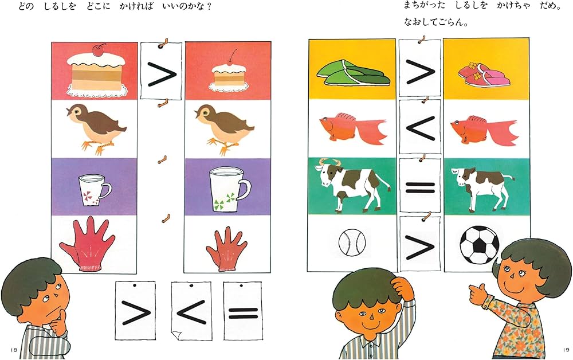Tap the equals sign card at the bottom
coord(244,311)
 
